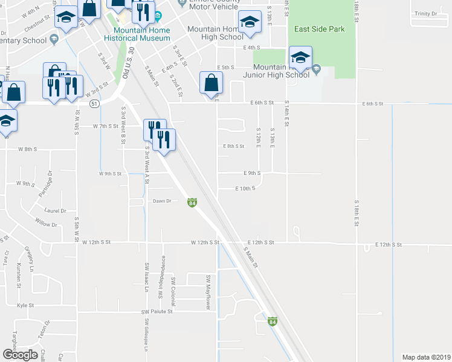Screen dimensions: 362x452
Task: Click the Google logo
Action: click(x=20, y=354)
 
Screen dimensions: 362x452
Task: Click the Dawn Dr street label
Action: click(x=162, y=201)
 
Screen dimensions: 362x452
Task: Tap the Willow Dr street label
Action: click(x=46, y=224)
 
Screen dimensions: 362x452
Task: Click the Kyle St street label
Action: click(x=25, y=306)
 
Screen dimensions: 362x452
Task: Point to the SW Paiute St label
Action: click(x=157, y=312)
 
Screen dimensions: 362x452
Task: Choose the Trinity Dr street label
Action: click(x=425, y=13)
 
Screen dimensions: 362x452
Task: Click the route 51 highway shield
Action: click(x=94, y=104)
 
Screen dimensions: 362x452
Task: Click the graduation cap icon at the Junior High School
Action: click(x=300, y=58)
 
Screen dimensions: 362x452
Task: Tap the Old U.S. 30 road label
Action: click(x=126, y=65)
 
